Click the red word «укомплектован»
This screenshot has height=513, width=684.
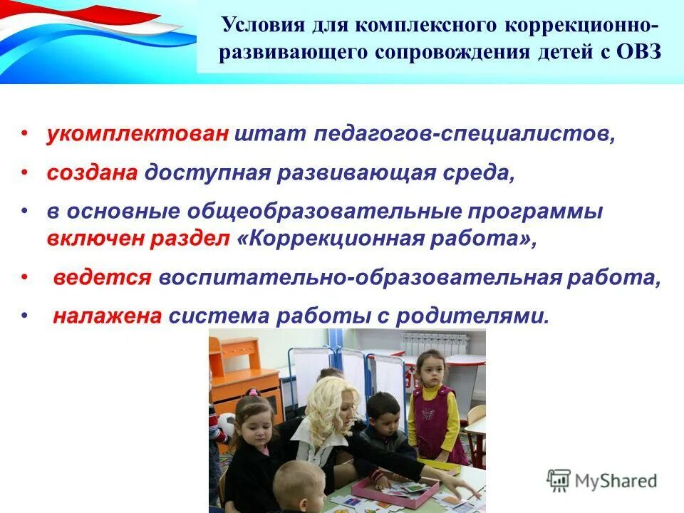pos(138,134)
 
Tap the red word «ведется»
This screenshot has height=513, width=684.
pos(102,277)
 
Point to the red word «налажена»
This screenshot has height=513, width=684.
pos(108,316)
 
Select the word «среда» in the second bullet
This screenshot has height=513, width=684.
pos(479,173)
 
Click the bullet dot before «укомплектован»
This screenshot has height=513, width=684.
pos(24,134)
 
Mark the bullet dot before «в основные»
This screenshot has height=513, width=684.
pos(24,212)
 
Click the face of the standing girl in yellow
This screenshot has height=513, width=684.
pos(430,370)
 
